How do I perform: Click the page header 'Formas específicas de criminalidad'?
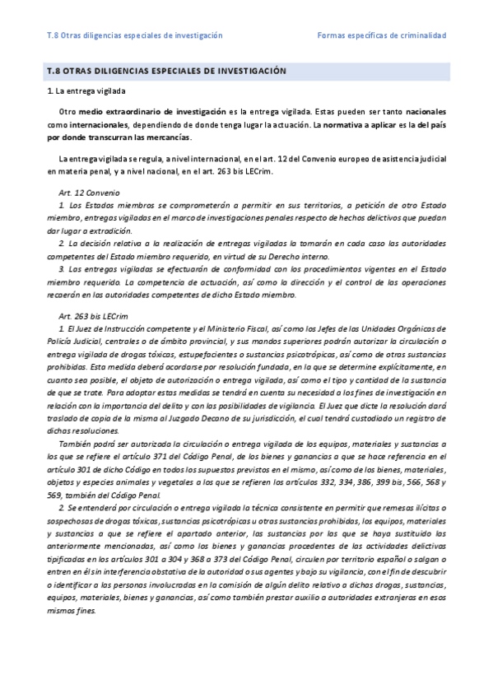381,36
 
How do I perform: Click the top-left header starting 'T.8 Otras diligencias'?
135,36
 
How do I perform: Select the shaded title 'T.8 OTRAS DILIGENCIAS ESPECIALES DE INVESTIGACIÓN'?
166,72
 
